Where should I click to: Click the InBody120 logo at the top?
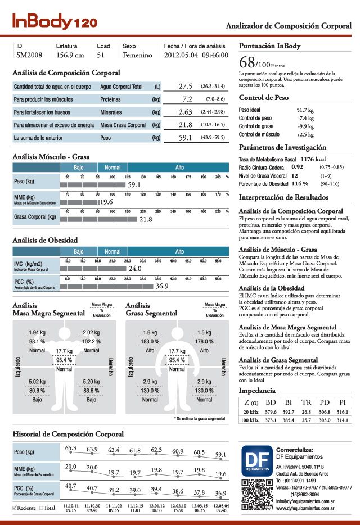coord(55,21)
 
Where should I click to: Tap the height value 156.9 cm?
coord(70,56)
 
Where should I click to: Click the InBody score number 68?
coord(247,61)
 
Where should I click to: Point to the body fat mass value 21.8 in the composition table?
coord(186,125)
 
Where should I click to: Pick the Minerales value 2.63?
coord(186,112)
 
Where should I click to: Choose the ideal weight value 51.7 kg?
coord(305,110)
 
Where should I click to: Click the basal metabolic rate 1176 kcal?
coord(313,160)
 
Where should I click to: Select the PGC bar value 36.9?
coord(162,286)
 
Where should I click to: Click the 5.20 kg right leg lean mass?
coord(91,382)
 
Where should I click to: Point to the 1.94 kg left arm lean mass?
coord(37,333)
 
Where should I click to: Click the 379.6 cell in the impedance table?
coord(271,411)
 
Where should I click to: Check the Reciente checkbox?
coord(15,508)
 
